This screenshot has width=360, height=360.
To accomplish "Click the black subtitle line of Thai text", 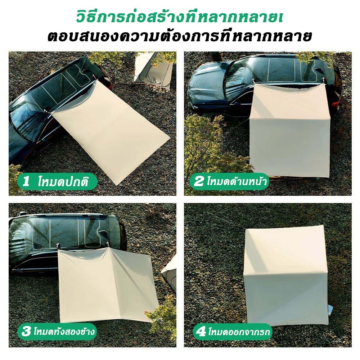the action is click(x=180, y=36).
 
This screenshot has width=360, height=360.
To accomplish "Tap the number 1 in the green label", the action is click(x=26, y=181).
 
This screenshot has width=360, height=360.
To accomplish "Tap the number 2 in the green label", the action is click(x=199, y=181).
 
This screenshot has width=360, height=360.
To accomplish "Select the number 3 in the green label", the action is click(x=26, y=331).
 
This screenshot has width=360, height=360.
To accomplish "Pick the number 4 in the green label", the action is click(x=201, y=332).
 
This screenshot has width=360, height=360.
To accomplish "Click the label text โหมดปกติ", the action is click(x=63, y=181).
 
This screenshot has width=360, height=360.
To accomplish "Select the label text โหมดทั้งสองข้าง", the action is click(x=64, y=331).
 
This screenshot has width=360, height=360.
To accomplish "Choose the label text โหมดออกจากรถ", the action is click(x=239, y=331).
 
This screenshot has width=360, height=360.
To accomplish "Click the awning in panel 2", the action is click(x=290, y=130).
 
